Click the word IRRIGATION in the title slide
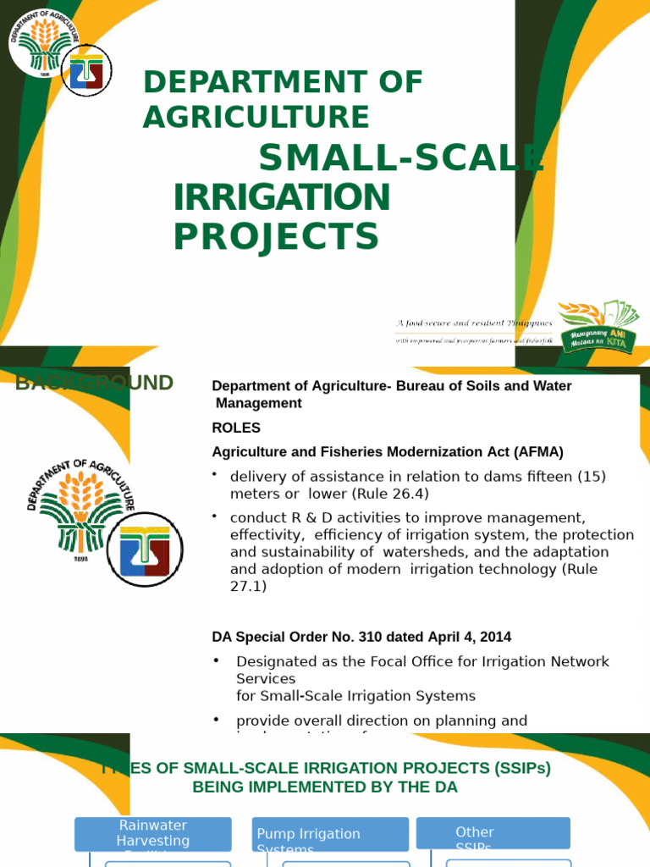282,197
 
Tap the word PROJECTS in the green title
276,236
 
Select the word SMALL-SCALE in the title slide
399,158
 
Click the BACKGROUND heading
95,383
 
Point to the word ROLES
236,428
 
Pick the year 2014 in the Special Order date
495,636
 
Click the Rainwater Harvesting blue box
153,834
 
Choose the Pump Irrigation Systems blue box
329,834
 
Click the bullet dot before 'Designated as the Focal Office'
217,660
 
